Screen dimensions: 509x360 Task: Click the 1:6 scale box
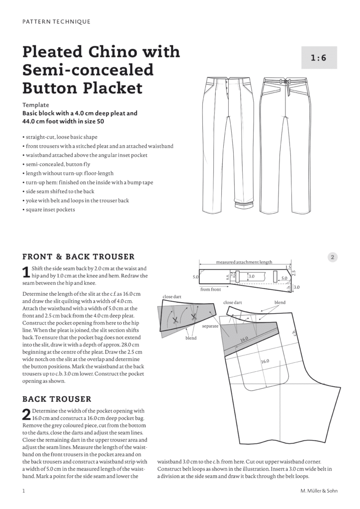click(x=319, y=58)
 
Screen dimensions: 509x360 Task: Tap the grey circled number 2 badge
click(x=333, y=257)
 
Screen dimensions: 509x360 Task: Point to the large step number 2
click(x=27, y=414)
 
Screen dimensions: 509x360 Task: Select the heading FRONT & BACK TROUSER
click(x=79, y=257)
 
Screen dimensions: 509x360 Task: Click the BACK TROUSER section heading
click(x=57, y=399)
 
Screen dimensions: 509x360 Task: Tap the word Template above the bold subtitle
click(x=36, y=105)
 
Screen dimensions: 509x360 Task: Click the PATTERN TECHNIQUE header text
click(x=57, y=21)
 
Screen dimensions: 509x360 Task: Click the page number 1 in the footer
click(x=24, y=491)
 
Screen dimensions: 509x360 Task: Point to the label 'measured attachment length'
click(x=244, y=261)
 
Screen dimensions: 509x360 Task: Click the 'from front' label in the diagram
click(x=211, y=289)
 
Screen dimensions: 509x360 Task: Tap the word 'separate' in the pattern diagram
click(x=211, y=327)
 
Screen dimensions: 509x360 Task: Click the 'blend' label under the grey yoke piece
click(x=191, y=338)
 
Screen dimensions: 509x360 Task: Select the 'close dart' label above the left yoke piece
click(x=172, y=297)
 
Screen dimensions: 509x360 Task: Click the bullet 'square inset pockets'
click(x=51, y=209)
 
